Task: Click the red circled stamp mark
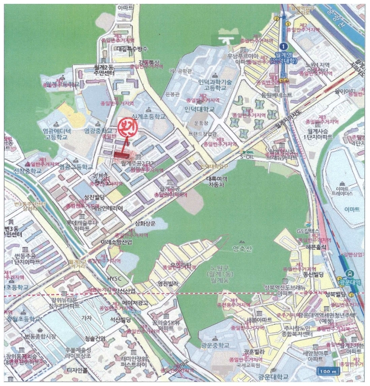pos(126,127)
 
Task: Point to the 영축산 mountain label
pos(242,249)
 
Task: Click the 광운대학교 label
pos(272,378)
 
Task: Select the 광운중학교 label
pos(214,345)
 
